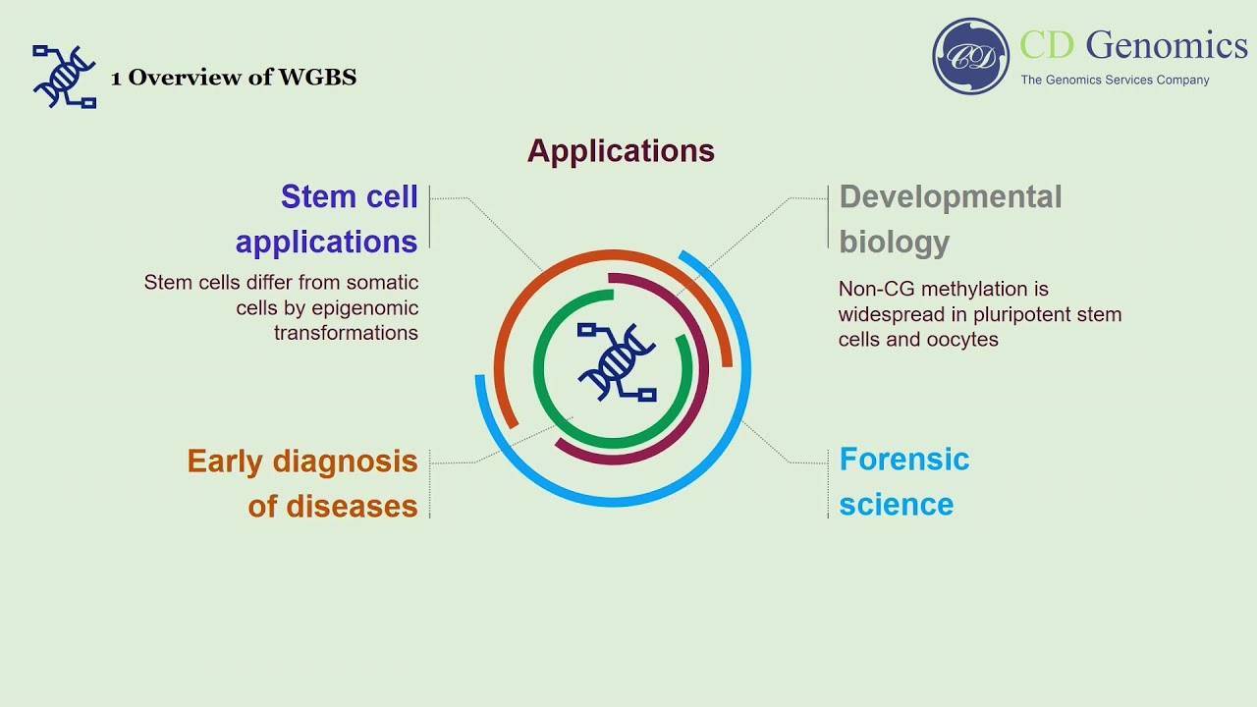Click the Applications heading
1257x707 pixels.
tap(621, 151)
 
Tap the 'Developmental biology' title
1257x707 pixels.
tap(950, 219)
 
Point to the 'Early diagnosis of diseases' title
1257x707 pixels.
tap(302, 483)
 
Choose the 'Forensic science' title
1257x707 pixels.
tap(903, 481)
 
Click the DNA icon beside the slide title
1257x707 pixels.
tap(64, 76)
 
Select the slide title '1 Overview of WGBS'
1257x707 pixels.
tap(234, 78)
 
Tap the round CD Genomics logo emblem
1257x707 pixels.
tap(970, 56)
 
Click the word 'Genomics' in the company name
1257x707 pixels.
tap(1167, 45)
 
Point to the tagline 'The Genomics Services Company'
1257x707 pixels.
tap(1115, 81)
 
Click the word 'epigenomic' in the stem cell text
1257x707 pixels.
tap(365, 308)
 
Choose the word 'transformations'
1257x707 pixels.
tap(346, 333)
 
